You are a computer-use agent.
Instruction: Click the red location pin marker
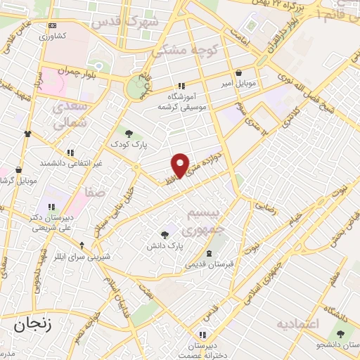tap(181, 165)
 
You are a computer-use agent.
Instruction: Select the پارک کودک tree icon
tap(128, 132)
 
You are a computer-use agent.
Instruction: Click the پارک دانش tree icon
tap(165, 235)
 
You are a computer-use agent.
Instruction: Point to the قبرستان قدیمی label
tap(207, 265)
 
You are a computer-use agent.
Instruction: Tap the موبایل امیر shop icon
tap(240, 72)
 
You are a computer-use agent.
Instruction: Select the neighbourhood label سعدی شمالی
tap(70, 116)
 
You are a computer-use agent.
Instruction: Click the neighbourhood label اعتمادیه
tap(298, 324)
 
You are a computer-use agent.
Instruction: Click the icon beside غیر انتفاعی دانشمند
tap(70, 152)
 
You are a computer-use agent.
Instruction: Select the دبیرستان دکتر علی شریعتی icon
tap(51, 207)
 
